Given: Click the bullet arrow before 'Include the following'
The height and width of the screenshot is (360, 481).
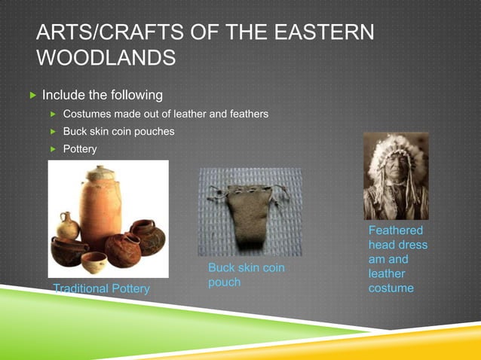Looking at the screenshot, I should [x=31, y=96].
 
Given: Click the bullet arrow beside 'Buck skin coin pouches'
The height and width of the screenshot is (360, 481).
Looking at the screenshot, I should [x=53, y=132].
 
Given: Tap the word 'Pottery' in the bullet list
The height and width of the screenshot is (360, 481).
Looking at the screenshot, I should [x=80, y=149].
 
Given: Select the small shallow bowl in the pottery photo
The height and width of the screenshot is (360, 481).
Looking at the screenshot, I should [x=93, y=262].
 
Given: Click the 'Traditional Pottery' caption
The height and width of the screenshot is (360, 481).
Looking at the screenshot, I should [x=101, y=288].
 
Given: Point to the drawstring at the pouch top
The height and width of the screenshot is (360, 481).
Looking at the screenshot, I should [x=249, y=184].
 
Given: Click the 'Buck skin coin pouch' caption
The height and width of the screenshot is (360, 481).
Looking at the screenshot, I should [x=246, y=275].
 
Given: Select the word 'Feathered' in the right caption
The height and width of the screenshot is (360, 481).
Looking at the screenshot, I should [x=396, y=230].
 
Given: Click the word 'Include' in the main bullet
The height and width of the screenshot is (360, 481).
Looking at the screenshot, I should [x=64, y=96].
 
